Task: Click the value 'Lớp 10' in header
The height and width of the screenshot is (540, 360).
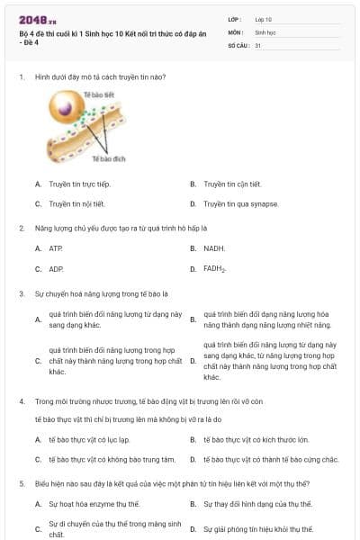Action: click(x=263, y=19)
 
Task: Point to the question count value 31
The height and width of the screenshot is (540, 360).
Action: click(x=258, y=44)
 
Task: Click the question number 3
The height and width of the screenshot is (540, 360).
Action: click(x=21, y=293)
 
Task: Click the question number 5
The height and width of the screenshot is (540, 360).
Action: click(x=21, y=483)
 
